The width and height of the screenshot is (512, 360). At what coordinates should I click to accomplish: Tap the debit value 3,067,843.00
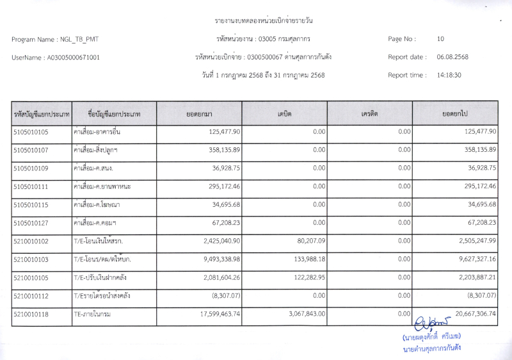(x=303, y=314)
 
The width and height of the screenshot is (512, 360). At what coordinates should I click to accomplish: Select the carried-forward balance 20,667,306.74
(x=468, y=315)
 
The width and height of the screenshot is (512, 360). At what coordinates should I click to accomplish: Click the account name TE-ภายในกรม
(x=93, y=315)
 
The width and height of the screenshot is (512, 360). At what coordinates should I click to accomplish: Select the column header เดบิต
(x=285, y=113)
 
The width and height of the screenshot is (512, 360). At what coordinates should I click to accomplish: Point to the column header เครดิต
(x=369, y=113)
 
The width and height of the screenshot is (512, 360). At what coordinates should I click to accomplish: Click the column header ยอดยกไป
(x=455, y=113)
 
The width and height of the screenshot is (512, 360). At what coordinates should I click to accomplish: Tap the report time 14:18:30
(x=449, y=75)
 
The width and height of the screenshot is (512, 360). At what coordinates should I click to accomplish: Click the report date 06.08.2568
(x=452, y=57)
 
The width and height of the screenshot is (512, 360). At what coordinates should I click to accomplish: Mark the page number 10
(x=440, y=39)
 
